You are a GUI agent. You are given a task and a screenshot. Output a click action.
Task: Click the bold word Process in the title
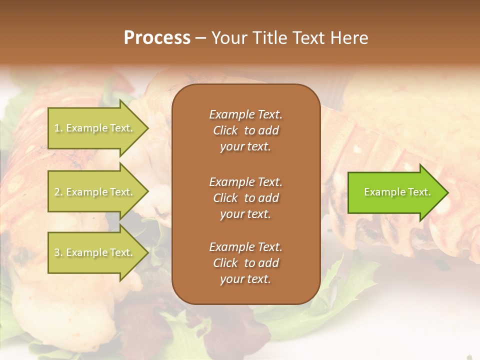157,38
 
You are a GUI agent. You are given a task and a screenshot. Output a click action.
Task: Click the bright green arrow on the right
395,192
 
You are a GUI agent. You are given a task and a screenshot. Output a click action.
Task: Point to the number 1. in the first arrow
58,128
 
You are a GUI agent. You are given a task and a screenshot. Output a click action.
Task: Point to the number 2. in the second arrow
58,192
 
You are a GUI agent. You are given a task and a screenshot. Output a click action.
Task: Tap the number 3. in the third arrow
58,252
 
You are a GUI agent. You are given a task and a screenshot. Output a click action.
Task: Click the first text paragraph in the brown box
245,130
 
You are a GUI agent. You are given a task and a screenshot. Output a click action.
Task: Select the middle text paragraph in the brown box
245,197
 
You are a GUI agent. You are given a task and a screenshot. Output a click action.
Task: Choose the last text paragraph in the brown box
245,263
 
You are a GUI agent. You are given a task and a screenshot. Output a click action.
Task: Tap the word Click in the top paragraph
225,130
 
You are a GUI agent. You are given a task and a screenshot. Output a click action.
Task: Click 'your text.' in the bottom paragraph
245,279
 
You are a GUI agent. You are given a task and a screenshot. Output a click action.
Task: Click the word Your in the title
228,38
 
